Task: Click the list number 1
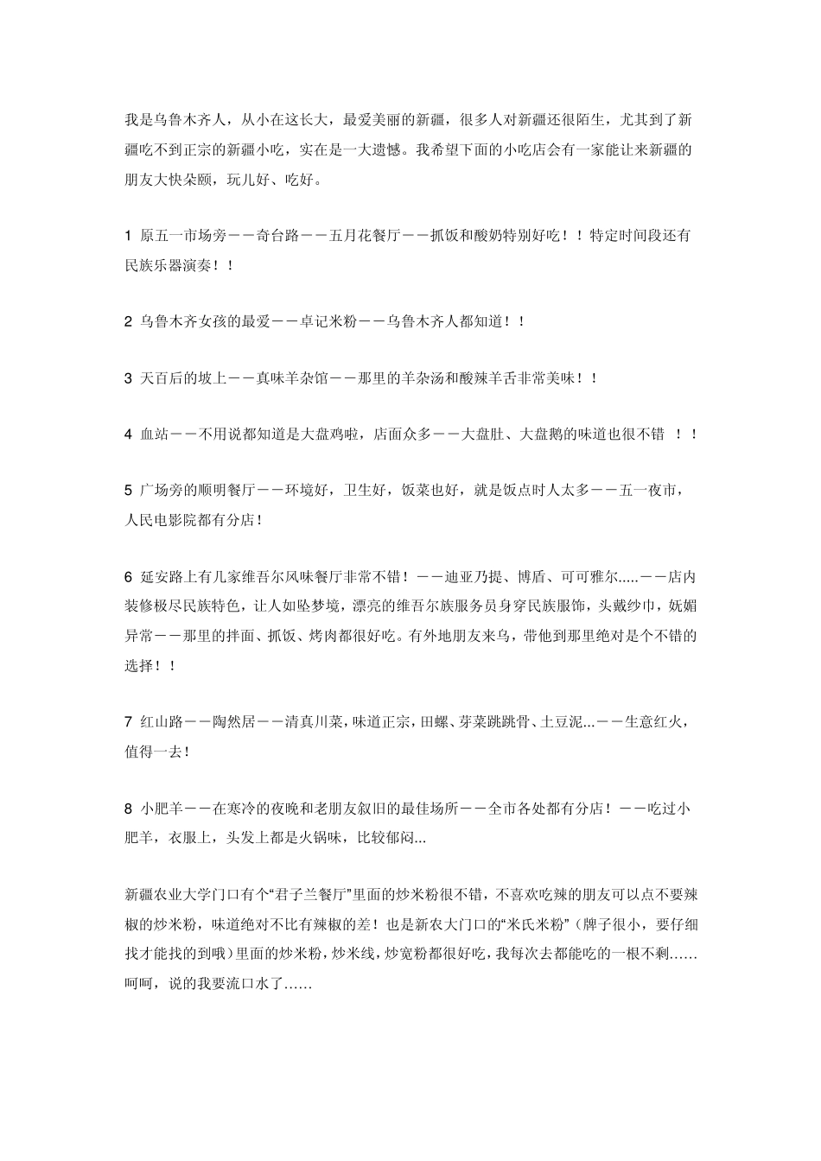[129, 236]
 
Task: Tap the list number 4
[129, 435]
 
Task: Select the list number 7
[129, 722]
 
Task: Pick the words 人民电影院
[162, 520]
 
